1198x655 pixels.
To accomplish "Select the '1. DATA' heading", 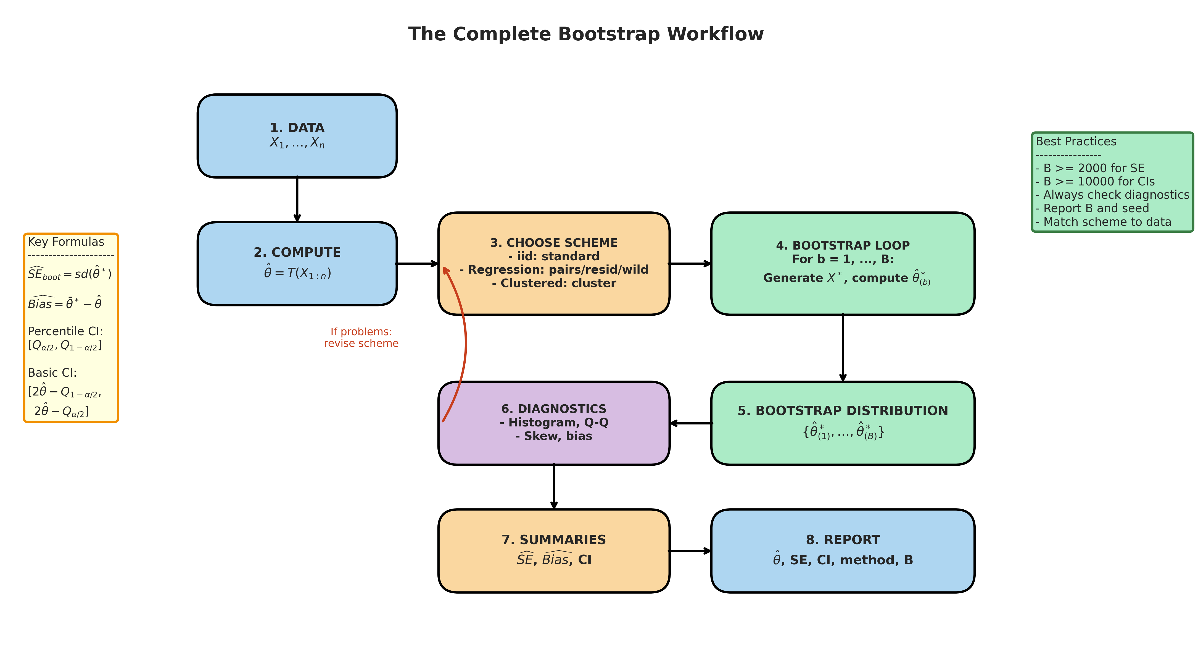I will point(297,128).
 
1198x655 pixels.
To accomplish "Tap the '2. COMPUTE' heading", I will point(297,252).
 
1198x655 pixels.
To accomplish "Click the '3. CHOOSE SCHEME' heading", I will point(554,243).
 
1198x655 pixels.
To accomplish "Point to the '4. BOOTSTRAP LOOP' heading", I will point(843,245).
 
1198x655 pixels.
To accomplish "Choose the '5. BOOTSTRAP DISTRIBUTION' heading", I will point(843,411).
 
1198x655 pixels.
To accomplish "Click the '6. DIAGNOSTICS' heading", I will point(554,409).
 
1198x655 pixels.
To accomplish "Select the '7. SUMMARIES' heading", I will point(554,539).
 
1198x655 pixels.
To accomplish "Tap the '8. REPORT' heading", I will point(843,539).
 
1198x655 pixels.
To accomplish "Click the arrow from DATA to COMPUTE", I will point(297,199).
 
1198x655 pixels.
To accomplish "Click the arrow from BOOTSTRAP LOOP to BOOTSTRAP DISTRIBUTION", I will point(843,348).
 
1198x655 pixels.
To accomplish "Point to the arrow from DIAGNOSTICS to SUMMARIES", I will point(554,486).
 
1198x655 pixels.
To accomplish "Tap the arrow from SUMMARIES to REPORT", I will point(690,551).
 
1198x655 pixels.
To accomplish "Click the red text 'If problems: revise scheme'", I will point(361,337).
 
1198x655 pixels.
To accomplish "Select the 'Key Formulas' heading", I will point(66,242).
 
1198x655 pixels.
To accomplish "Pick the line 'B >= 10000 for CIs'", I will point(1099,182).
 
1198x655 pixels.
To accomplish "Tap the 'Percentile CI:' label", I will point(65,331).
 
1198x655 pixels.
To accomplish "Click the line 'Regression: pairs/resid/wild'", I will point(554,269).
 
